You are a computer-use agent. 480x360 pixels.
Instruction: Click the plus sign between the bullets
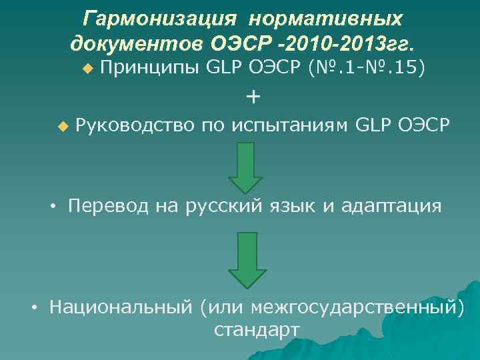[253, 97]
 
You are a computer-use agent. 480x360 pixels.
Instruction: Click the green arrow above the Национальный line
[247, 259]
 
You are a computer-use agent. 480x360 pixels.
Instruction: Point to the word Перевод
[109, 206]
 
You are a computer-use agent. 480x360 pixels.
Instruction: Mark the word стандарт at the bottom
[257, 330]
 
